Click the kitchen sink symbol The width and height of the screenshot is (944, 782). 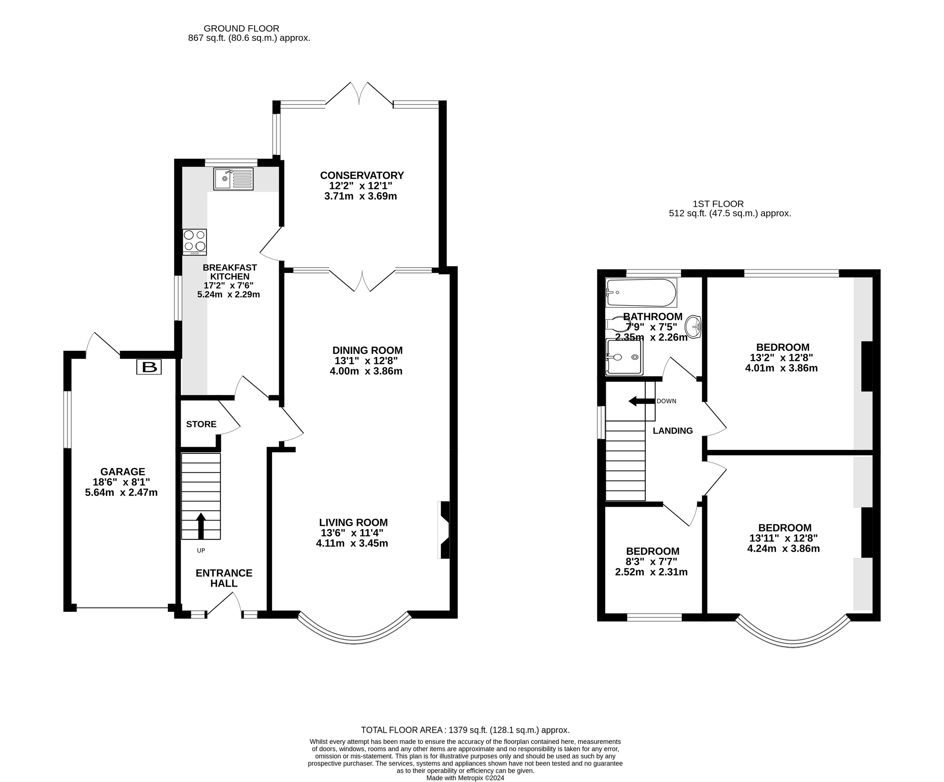click(233, 179)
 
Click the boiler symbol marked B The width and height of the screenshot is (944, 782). click(149, 368)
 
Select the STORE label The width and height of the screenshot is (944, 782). click(201, 424)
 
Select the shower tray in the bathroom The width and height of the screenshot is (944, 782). click(624, 357)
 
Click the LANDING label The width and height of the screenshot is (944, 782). click(673, 431)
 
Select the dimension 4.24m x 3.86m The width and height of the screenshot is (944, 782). click(783, 549)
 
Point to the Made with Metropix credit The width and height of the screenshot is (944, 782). click(465, 778)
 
